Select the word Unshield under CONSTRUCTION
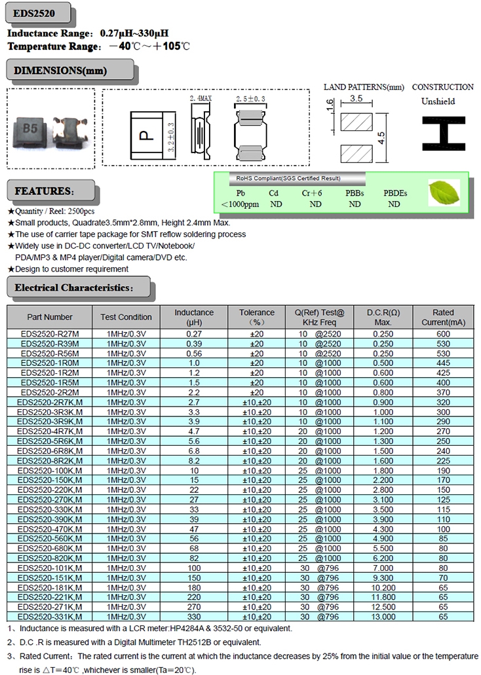(x=438, y=101)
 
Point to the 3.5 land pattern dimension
(x=356, y=98)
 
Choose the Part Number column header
(x=50, y=317)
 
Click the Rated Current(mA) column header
(x=443, y=317)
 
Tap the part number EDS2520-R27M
(x=50, y=334)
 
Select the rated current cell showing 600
(x=443, y=334)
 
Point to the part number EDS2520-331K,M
(x=50, y=617)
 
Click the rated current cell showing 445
(x=443, y=363)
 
